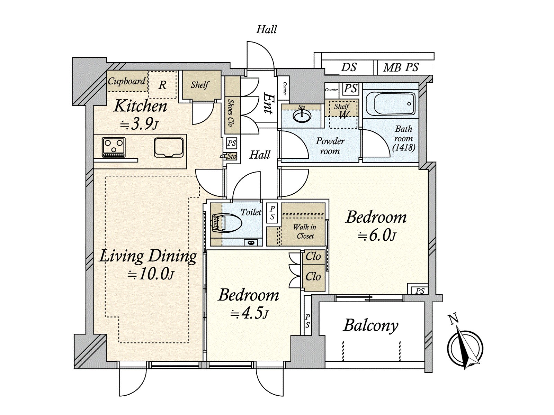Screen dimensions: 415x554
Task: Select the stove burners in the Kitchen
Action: [114, 147]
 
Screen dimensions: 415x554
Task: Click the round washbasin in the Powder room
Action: [302, 116]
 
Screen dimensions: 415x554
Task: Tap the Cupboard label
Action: [126, 81]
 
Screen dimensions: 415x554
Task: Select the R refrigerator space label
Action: [162, 85]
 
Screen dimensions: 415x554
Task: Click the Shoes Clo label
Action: [231, 112]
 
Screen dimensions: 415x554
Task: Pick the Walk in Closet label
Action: [305, 231]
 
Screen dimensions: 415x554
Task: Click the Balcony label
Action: [370, 325]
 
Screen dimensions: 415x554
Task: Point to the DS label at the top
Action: [348, 67]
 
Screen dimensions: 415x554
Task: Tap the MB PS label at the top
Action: [401, 67]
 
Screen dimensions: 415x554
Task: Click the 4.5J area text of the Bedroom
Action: [249, 314]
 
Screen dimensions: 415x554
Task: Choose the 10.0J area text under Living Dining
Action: [151, 275]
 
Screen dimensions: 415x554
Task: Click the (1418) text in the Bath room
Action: [404, 148]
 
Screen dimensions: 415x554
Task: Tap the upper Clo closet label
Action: [313, 257]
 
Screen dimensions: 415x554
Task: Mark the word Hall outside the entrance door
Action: [266, 29]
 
